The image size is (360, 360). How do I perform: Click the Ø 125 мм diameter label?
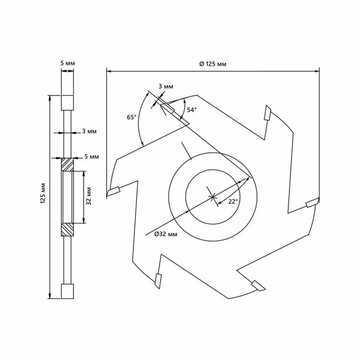coord(212,64)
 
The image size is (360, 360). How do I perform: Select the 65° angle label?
coord(131,117)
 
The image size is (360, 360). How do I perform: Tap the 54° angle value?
coord(192,110)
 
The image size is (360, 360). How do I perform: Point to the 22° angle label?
coord(233,202)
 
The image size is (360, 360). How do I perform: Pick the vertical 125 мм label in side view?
coord(43,193)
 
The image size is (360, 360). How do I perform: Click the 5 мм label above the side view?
coord(67,63)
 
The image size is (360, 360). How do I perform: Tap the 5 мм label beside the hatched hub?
coord(91,157)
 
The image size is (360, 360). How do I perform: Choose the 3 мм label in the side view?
coord(89,131)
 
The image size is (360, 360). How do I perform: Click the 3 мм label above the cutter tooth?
coord(165,86)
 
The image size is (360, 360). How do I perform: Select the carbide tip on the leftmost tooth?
coord(113,192)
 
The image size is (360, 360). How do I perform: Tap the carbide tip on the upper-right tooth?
coord(267,112)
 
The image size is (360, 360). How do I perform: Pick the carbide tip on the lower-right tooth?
coord(258,285)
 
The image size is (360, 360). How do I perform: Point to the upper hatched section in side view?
coord(67,165)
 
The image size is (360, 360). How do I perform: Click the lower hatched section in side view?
coord(67,229)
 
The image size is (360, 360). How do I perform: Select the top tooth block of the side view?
coord(67,103)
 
